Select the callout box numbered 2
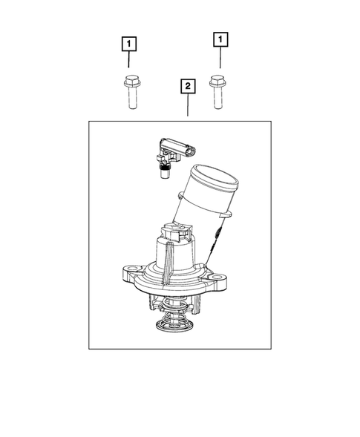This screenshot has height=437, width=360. click(x=189, y=87)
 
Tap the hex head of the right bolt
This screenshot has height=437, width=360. click(x=216, y=77)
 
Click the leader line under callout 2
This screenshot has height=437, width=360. click(x=189, y=107)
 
